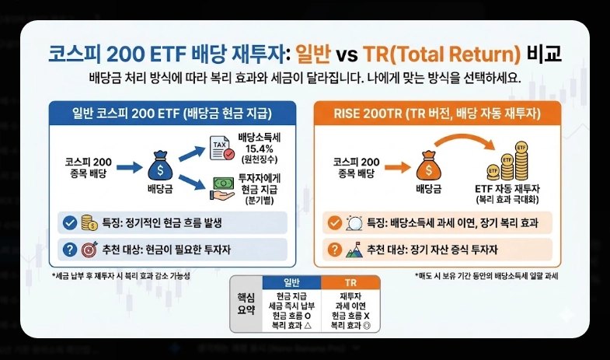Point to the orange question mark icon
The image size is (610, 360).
point(334,250)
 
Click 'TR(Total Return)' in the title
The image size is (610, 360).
point(451,56)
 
